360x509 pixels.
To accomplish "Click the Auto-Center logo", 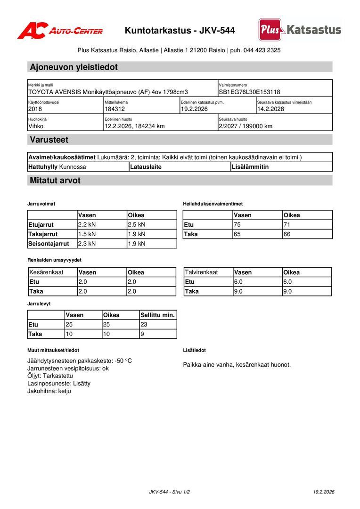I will (60, 31).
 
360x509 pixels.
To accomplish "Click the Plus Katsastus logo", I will (300, 30).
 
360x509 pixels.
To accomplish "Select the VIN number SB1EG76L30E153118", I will (249, 92).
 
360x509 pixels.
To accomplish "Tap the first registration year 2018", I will (35, 109).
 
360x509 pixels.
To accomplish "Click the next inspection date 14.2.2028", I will (270, 109).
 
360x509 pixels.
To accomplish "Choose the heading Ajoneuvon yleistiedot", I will (74, 67).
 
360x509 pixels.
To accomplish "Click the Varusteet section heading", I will (49, 140).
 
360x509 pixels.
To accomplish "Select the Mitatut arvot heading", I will (55, 181).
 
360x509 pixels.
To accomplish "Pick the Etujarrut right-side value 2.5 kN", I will (137, 225).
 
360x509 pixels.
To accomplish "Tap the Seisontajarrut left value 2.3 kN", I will (87, 244).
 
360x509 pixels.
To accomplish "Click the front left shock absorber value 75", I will (237, 225).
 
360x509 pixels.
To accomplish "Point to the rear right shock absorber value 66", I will (286, 234).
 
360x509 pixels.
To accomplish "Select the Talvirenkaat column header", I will (201, 272).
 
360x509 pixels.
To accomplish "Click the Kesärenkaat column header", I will (46, 272).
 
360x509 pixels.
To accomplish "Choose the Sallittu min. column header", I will (157, 315).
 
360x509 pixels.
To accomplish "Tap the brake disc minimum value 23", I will (144, 325).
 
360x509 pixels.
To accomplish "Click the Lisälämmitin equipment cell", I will (250, 167).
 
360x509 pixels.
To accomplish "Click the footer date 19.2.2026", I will (324, 492).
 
